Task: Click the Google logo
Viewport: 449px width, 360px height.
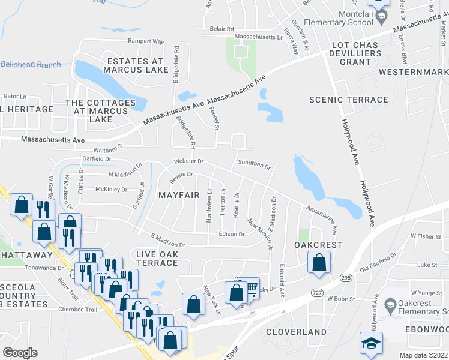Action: [x=20, y=353]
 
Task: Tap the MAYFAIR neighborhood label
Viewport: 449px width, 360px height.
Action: [x=179, y=195]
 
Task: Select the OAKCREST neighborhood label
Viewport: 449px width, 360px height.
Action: [x=318, y=245]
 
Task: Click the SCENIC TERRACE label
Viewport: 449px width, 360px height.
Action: [x=348, y=100]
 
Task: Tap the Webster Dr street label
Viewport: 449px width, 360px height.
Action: [x=189, y=161]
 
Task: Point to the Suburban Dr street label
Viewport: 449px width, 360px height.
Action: [x=255, y=163]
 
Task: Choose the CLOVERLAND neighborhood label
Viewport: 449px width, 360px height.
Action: [x=297, y=331]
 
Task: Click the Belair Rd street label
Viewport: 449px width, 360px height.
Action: [x=221, y=28]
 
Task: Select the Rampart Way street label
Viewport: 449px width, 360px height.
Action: [x=146, y=41]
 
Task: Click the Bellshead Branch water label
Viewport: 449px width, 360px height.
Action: [x=31, y=65]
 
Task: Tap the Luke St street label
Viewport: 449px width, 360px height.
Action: [x=427, y=264]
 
